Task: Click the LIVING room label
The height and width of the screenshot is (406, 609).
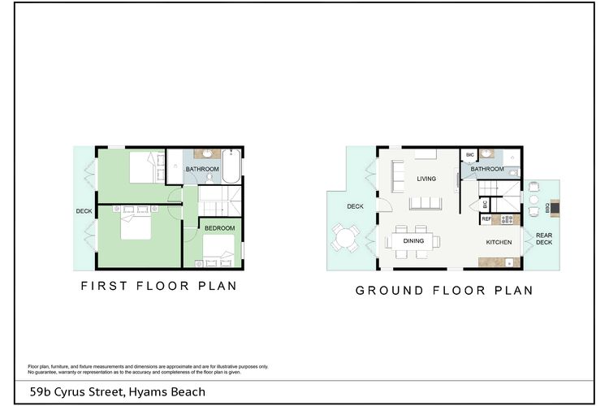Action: tap(426, 179)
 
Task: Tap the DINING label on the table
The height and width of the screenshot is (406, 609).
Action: tap(413, 241)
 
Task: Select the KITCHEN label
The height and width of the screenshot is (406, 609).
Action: tap(499, 242)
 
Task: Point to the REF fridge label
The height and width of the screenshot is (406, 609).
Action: tap(486, 219)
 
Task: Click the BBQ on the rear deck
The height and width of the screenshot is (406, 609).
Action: tap(555, 208)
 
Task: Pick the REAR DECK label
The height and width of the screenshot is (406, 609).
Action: tap(544, 239)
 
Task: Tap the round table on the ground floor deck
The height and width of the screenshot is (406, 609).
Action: tap(344, 238)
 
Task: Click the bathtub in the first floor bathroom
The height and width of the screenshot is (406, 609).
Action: tap(231, 166)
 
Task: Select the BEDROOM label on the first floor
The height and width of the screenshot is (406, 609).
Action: tap(219, 228)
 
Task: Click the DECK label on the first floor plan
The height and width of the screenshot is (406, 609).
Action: tap(84, 211)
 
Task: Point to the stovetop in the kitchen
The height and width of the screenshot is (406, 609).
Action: tap(508, 219)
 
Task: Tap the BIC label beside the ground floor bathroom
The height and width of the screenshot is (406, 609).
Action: tap(470, 154)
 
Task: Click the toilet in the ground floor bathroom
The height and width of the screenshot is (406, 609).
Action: tap(513, 171)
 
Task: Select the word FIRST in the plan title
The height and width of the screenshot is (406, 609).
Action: tap(104, 286)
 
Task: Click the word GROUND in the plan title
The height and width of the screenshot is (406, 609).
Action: tap(389, 291)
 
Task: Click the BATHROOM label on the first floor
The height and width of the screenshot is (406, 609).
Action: tap(202, 169)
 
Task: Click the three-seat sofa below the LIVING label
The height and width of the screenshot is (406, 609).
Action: tap(425, 203)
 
